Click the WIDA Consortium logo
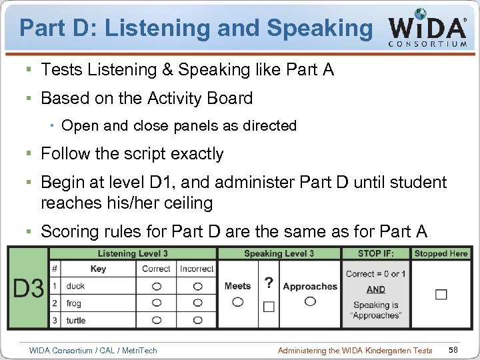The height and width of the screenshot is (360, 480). (x=427, y=28)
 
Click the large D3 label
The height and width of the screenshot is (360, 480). (x=29, y=289)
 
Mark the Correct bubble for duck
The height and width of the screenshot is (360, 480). (x=157, y=287)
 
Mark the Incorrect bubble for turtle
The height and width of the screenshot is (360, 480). (x=197, y=320)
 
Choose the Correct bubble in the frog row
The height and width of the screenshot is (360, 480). (x=157, y=303)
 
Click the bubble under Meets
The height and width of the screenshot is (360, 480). (x=237, y=302)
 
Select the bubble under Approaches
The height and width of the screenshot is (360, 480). (x=310, y=301)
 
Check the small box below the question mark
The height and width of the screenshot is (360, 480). (x=269, y=307)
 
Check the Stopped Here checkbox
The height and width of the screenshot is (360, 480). (x=441, y=294)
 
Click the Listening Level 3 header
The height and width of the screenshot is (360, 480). (x=133, y=253)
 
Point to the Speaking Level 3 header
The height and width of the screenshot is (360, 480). (x=279, y=253)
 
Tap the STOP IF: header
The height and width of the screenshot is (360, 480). (x=376, y=253)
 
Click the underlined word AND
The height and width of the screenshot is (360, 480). (x=376, y=289)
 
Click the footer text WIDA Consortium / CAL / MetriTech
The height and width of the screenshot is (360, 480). (x=93, y=351)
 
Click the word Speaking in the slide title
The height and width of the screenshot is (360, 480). (x=319, y=27)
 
